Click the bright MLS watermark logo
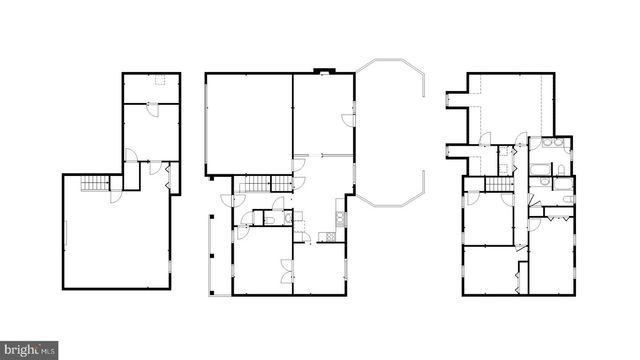click(28, 350)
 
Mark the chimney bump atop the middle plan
click(320, 70)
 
